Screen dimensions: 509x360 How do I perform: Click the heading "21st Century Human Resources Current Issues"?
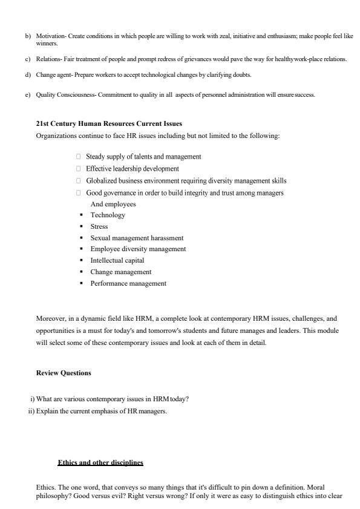coord(109,124)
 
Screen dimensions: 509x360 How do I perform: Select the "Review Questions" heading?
coord(64,373)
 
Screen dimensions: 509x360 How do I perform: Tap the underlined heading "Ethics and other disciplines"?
coord(100,463)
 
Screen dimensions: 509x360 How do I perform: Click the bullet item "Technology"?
coord(108,215)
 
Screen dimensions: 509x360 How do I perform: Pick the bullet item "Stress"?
coord(99,226)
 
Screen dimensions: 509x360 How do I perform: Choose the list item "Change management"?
coord(121,272)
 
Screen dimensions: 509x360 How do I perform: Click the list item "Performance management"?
coord(128,283)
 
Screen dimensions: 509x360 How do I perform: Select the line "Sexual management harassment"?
coord(137,238)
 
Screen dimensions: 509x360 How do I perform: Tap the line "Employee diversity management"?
coord(138,249)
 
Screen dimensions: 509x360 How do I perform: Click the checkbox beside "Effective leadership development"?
coord(79,169)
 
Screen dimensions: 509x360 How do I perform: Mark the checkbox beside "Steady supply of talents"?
coord(79,157)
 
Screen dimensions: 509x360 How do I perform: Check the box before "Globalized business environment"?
coord(79,181)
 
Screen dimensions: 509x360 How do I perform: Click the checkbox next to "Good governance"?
coord(79,193)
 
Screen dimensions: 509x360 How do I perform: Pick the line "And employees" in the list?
coord(113,204)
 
